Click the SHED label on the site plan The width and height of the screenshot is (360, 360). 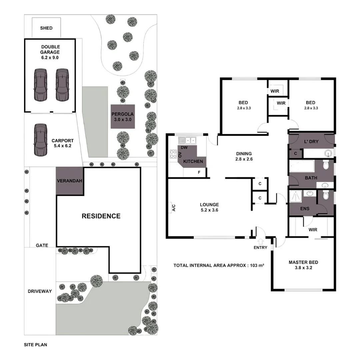click(46, 28)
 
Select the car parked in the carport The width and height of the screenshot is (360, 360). click(40, 140)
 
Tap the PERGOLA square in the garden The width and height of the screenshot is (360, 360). click(123, 116)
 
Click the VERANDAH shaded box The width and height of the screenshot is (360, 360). click(69, 181)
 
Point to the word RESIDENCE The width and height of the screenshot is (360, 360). click(101, 216)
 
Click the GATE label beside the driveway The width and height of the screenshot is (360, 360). click(42, 245)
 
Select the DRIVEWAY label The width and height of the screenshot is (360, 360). click(40, 291)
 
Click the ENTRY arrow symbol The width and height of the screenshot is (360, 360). click(260, 241)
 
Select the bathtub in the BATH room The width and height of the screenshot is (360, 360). click(302, 166)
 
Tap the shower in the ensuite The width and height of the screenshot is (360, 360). click(295, 197)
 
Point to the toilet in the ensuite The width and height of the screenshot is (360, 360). click(326, 196)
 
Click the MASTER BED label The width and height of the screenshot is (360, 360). click(303, 262)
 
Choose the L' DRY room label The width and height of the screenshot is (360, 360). click(311, 141)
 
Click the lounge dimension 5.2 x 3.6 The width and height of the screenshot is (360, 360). click(209, 210)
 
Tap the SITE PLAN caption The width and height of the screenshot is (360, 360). click(35, 345)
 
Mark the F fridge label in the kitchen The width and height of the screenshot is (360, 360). click(199, 172)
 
